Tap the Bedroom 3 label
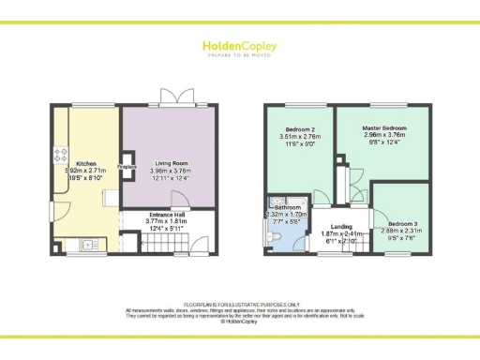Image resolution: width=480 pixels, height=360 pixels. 401,223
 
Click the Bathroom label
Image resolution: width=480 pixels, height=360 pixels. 288,207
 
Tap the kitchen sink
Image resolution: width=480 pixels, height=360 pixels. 89,245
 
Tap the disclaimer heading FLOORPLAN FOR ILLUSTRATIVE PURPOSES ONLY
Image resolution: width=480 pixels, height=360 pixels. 239,305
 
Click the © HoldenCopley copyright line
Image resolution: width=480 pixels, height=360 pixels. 239,321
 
